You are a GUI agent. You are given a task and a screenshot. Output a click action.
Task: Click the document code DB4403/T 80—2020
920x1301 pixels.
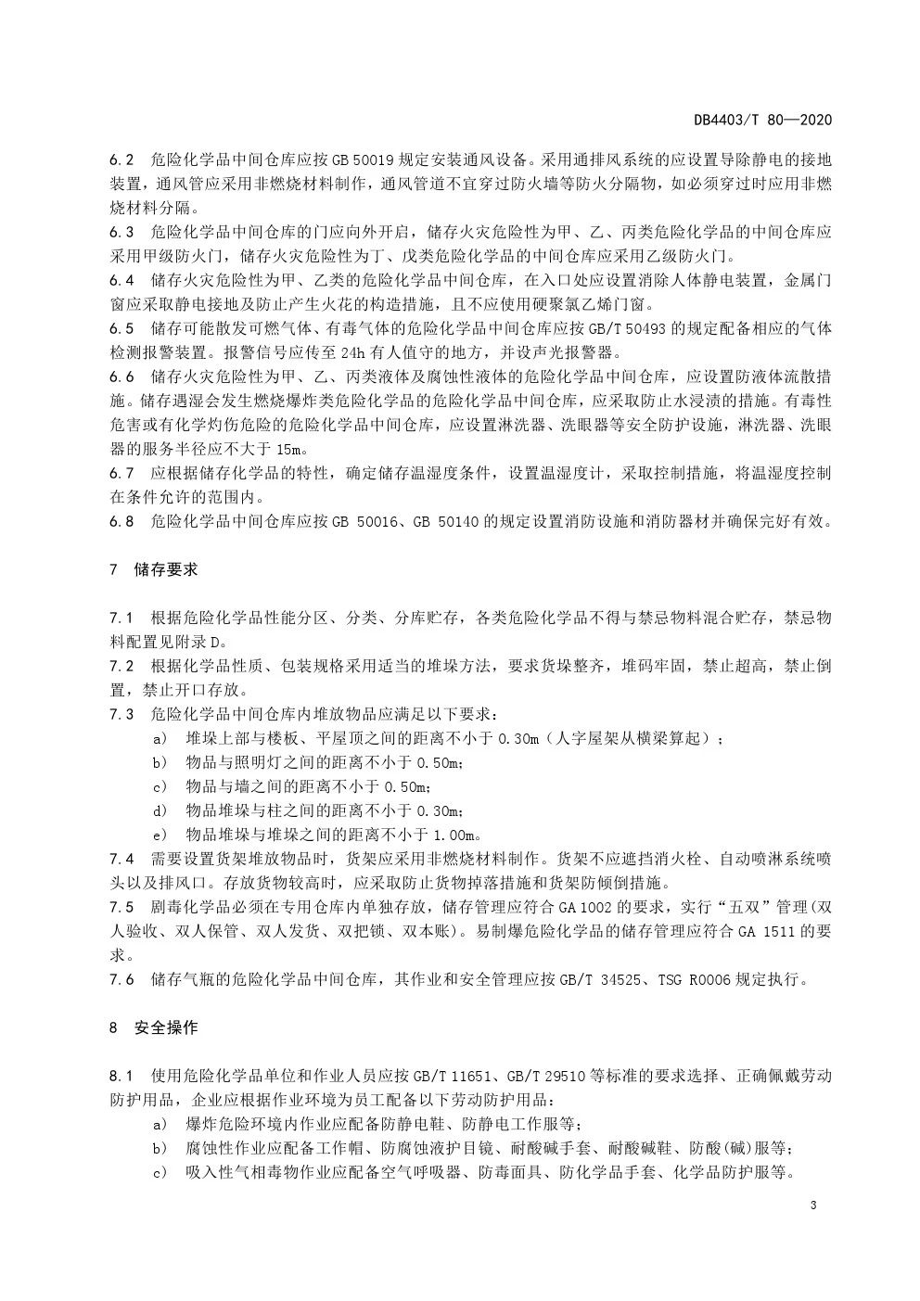(762, 120)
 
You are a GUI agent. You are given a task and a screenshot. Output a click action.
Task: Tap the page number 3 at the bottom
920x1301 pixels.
(812, 1205)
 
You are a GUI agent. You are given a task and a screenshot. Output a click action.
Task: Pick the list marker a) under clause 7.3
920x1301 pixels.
(160, 738)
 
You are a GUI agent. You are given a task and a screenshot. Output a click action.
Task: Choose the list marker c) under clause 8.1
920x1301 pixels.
(160, 1172)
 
